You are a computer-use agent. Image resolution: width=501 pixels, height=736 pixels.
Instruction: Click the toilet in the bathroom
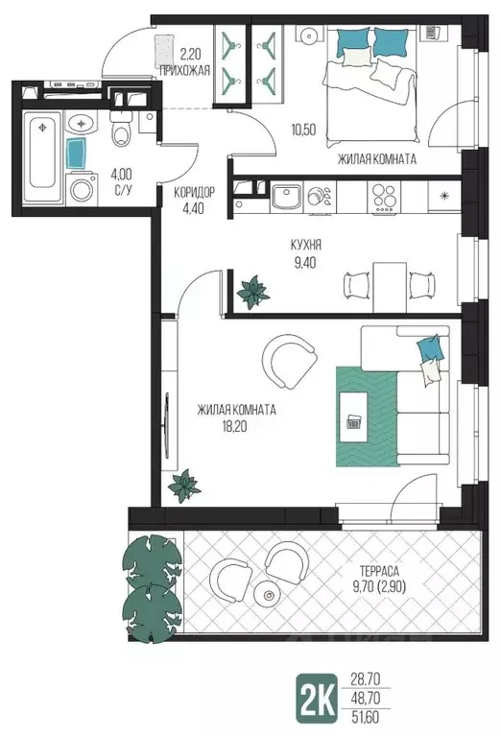pos(121,130)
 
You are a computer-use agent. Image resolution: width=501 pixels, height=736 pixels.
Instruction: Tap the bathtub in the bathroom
pos(42,156)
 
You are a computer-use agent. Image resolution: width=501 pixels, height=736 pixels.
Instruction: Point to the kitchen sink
pos(286,197)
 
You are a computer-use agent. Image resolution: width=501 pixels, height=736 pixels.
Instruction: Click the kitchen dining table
pos(390,287)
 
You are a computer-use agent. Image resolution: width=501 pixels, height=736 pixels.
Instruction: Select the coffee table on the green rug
pos(353,416)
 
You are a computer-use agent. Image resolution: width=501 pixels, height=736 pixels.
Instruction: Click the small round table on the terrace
pos(268,595)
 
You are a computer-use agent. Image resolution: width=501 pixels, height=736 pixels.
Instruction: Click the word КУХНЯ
pos(305,245)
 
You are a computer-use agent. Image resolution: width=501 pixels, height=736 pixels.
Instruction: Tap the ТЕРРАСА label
pos(379,571)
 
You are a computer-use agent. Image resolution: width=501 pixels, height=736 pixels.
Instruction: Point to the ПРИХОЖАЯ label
pos(184,71)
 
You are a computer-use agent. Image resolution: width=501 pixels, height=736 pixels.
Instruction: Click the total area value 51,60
pos(366,717)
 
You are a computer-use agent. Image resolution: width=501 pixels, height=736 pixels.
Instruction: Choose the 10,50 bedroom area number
pos(303,130)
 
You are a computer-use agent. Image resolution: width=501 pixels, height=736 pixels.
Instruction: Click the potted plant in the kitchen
pos(253,292)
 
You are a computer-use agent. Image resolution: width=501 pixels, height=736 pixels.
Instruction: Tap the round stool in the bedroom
pos(310,35)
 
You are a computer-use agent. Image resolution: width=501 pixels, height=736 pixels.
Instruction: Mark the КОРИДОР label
pos(195,192)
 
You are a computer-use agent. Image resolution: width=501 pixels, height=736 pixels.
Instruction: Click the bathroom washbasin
pos(82,124)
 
